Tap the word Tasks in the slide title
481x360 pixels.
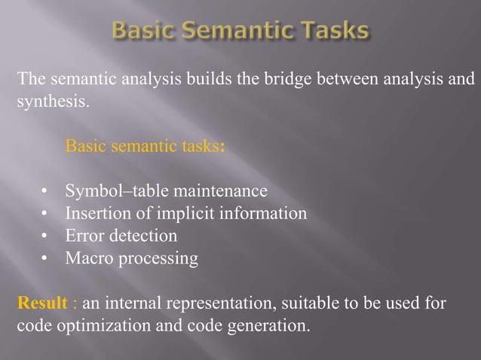pos(332,32)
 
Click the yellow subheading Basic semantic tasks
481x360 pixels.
pos(143,145)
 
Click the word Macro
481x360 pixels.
pos(87,259)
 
